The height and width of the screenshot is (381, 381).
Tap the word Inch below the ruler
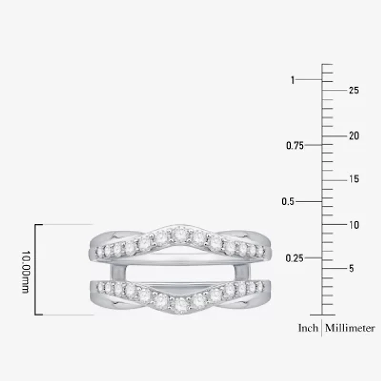pos(308,328)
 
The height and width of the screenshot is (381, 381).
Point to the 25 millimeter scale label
pos(353,90)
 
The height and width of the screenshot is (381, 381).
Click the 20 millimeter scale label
pos(353,136)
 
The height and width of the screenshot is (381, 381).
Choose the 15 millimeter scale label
pos(353,180)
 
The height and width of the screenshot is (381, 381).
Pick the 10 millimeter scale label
pos(353,225)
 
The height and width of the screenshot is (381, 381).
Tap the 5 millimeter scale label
pos(351,269)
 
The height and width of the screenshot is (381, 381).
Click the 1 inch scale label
pos(293,80)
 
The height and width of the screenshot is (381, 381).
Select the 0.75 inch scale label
pos(295,146)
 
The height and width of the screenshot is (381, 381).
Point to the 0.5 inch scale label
pos(288,202)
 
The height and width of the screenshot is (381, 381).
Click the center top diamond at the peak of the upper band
pos(180,233)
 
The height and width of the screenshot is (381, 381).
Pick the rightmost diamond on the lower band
pos(261,286)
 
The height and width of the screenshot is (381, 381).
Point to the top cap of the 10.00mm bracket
pos(39,224)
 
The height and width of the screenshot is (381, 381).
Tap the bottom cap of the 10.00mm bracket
pos(39,315)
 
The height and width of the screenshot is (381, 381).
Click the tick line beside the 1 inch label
pos(309,80)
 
